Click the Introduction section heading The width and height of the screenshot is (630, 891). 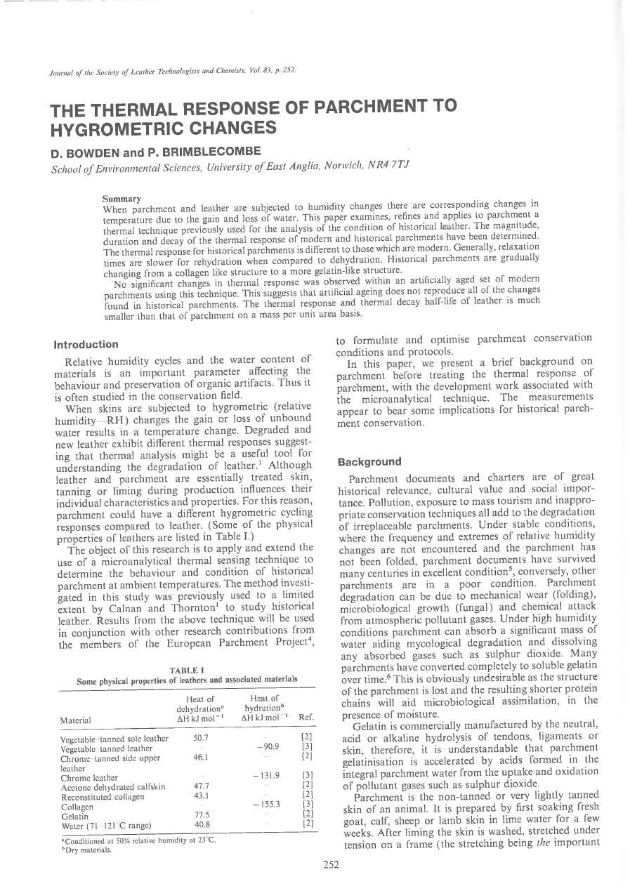click(x=86, y=345)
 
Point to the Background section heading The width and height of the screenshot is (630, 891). click(x=369, y=461)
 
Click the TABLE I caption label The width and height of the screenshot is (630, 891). click(x=186, y=671)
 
